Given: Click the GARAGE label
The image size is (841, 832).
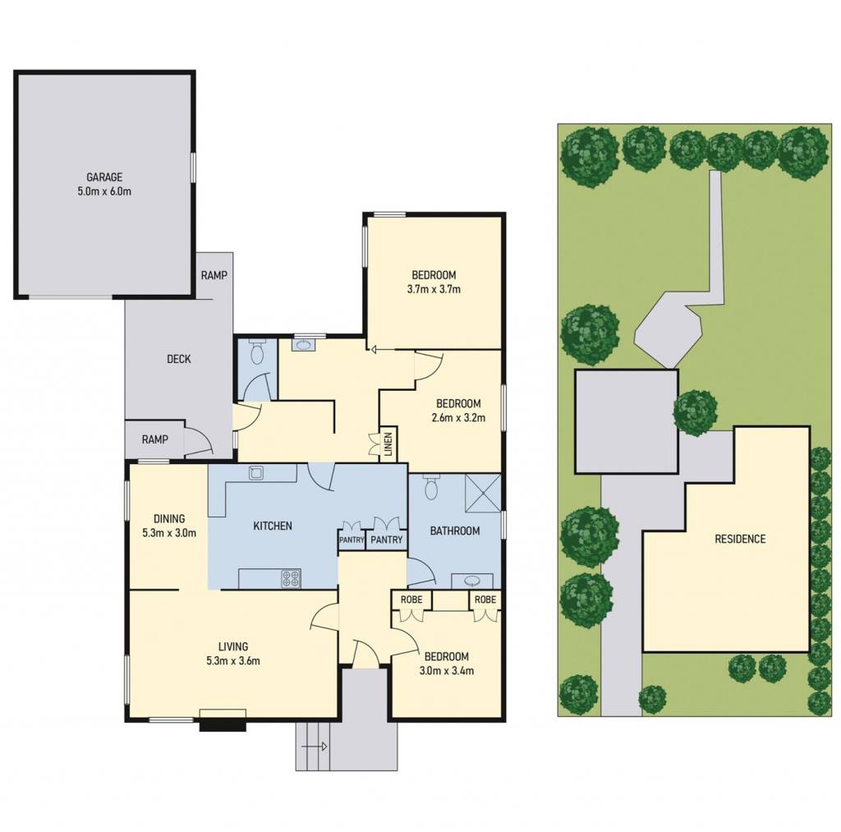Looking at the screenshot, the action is (104, 177).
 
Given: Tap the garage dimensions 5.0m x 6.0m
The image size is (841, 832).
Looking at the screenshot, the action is (104, 191).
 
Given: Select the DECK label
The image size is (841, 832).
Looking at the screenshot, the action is (178, 359).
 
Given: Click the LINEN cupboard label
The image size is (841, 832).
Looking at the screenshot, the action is (388, 444).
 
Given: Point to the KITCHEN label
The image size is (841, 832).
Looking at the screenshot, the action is (273, 526).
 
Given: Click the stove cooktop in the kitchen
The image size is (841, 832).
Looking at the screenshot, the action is (292, 578).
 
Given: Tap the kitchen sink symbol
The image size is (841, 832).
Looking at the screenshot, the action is (256, 472).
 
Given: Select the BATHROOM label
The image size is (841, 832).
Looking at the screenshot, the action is (455, 531).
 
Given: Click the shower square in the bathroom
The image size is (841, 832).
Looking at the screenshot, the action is (483, 493).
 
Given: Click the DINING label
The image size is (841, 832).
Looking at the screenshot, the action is (169, 519).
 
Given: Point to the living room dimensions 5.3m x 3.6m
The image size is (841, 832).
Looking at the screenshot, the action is (233, 661).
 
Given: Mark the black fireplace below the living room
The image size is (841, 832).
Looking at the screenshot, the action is (223, 726).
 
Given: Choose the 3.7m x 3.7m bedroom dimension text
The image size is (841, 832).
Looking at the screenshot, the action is (434, 289).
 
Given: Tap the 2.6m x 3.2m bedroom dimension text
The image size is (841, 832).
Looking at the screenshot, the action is (458, 417).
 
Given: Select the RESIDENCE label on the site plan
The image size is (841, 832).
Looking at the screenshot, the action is (740, 539).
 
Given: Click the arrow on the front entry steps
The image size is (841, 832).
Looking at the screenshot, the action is (315, 746).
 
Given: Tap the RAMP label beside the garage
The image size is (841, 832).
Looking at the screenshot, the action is (214, 275).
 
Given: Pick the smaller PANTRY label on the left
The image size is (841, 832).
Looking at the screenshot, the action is (352, 540).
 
